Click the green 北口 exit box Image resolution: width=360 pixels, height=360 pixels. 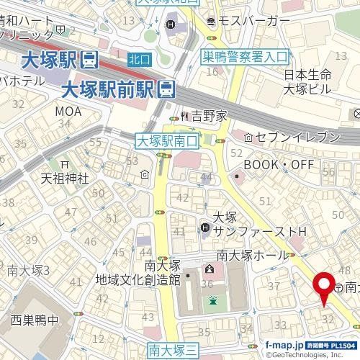coord(140,58)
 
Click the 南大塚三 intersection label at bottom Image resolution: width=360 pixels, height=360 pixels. coord(173,350)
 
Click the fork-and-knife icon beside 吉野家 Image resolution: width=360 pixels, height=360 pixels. coord(184,114)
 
